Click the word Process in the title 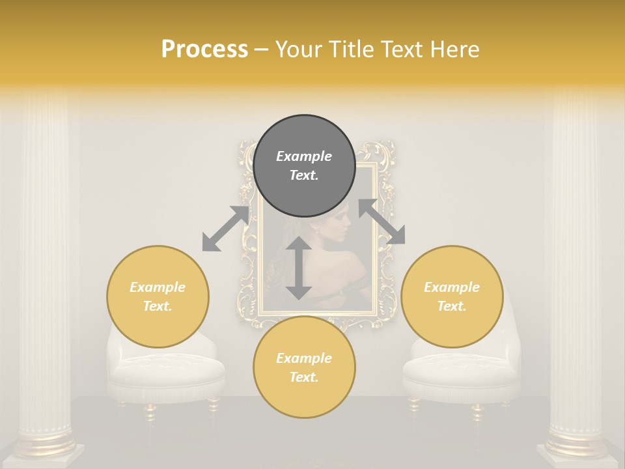click(x=204, y=50)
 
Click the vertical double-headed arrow click(x=299, y=268)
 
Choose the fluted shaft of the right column click(x=576, y=261)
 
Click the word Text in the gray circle click(x=304, y=175)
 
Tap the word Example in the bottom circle click(x=304, y=358)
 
